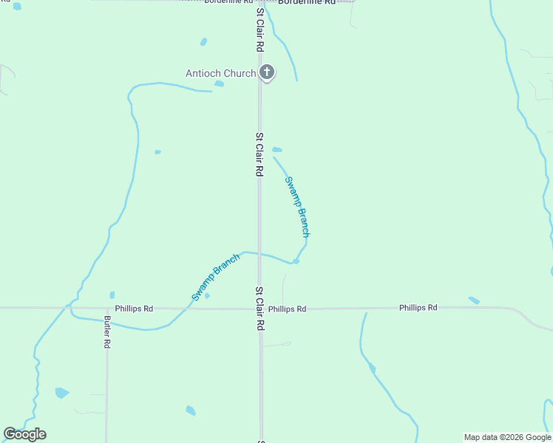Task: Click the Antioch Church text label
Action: coord(220,73)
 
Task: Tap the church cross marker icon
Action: coord(267,72)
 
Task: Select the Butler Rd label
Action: coord(107,332)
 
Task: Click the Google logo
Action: coord(24,434)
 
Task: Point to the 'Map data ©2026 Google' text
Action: coord(507,437)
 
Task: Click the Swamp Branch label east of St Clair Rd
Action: coord(297,206)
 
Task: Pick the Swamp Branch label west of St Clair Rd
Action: coord(216,276)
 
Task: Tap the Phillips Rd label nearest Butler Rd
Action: coord(134,308)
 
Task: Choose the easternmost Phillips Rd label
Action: coord(418,307)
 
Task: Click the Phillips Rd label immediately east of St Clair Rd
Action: coord(287,309)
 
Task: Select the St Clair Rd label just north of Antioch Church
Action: coord(259,30)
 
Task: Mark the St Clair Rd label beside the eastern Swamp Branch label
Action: coord(259,154)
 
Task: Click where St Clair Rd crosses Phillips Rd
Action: coord(259,309)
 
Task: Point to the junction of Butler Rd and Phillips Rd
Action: coord(107,308)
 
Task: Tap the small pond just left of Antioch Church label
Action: coord(219,83)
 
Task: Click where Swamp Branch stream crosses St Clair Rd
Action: coord(259,253)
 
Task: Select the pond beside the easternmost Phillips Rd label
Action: coord(474,301)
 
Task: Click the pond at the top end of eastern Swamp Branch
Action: coord(276,149)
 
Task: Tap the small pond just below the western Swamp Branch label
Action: coord(207,296)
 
